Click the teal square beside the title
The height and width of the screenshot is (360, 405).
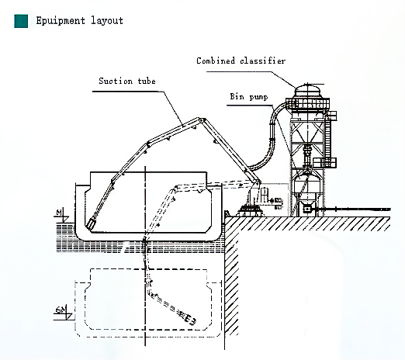(21, 21)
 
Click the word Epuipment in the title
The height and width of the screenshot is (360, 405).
(61, 21)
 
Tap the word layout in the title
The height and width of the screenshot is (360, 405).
(107, 21)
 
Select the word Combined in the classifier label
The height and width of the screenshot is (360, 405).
(216, 61)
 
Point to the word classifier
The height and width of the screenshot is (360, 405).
(262, 61)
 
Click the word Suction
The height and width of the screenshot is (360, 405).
(116, 81)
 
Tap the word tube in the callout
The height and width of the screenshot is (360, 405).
(147, 81)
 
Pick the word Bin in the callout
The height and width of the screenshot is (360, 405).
(237, 96)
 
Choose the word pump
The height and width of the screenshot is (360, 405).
(258, 97)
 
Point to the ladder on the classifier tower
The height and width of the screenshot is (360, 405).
(328, 137)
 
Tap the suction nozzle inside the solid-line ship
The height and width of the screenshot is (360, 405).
(91, 223)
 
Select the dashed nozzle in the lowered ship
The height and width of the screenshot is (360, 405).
(190, 320)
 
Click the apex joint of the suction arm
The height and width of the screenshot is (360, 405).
(201, 120)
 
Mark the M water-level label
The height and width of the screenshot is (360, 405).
(60, 213)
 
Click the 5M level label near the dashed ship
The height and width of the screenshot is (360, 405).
(61, 310)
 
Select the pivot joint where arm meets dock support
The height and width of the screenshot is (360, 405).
(258, 183)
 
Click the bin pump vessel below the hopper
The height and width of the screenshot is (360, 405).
(307, 185)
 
